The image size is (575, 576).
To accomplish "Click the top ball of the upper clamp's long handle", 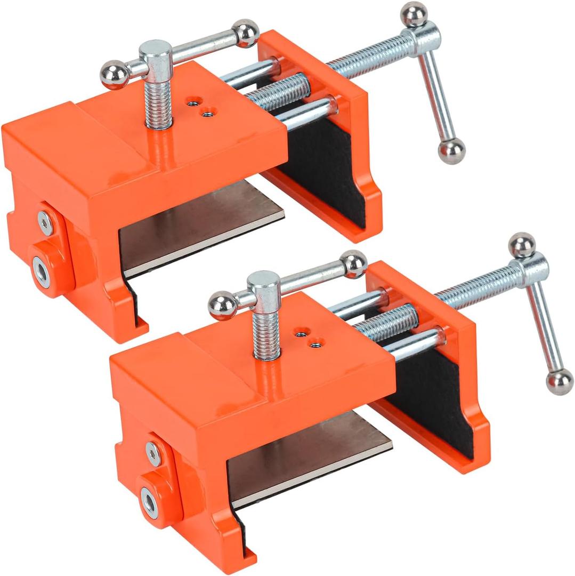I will click(414, 14).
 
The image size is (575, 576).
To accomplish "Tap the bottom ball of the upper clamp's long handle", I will click(451, 151).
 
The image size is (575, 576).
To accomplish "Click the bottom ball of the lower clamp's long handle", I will click(560, 382).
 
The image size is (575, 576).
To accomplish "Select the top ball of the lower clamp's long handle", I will click(522, 245).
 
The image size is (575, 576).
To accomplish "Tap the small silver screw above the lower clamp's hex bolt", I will click(153, 453).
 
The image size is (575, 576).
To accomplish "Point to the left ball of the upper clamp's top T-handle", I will click(114, 75).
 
